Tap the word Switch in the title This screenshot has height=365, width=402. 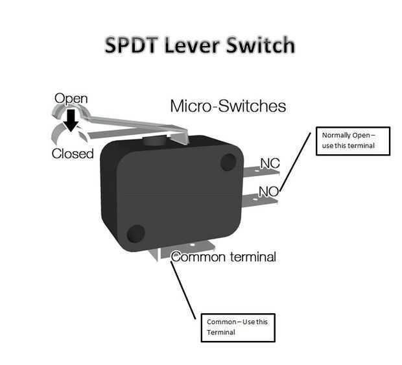(261, 45)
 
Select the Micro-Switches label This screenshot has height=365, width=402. (228, 106)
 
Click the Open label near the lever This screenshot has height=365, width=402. (71, 99)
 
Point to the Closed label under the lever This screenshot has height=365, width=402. (73, 154)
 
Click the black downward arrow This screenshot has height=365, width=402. (71, 120)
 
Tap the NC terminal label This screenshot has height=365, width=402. (270, 163)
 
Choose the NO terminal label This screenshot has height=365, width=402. (268, 191)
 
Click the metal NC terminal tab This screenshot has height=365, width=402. (261, 172)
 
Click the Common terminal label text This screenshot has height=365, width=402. (224, 257)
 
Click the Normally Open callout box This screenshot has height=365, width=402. (353, 141)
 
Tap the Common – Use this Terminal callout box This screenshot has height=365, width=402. (238, 327)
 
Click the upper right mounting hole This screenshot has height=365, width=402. (228, 162)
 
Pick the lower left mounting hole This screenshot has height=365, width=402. (136, 234)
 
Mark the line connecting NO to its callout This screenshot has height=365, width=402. (295, 161)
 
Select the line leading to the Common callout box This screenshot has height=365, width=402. (183, 290)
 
